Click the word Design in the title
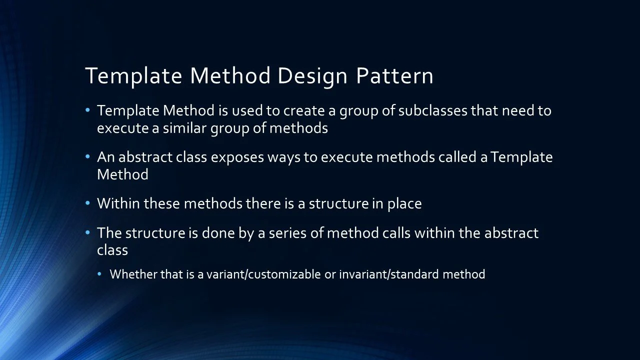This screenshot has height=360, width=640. [x=312, y=76]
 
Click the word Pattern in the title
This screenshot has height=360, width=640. [x=394, y=76]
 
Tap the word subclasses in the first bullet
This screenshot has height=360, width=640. [x=433, y=110]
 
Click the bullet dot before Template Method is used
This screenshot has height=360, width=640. [x=88, y=110]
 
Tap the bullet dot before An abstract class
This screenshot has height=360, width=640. [x=88, y=156]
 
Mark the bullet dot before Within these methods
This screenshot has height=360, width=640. [x=88, y=203]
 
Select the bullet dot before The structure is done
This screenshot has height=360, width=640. [x=88, y=232]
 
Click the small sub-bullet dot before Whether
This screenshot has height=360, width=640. [x=99, y=273]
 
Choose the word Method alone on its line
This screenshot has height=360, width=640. [x=122, y=174]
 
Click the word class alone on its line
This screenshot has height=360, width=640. [x=112, y=250]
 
